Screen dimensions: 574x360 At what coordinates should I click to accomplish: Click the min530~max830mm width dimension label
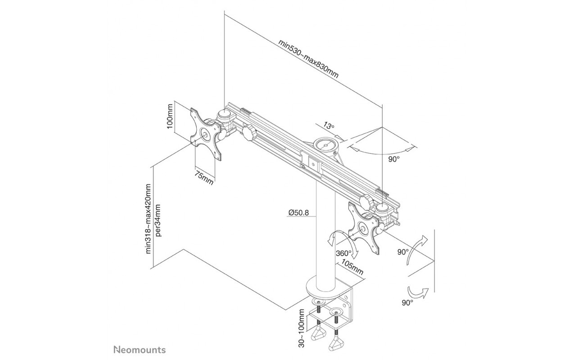point(308,58)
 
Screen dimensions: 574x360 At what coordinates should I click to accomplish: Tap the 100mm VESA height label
point(170,117)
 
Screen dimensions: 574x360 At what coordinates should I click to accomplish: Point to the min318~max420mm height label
point(149,218)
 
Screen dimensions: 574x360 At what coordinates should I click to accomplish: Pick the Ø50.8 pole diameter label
point(298,212)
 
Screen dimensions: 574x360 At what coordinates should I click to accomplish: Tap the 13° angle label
point(329,126)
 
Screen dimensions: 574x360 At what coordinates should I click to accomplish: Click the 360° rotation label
point(343,253)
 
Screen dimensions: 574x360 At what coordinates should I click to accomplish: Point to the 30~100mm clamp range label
point(302,332)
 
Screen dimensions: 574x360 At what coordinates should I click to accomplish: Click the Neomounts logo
point(140,350)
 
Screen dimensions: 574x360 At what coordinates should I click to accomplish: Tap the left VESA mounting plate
point(206,134)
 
